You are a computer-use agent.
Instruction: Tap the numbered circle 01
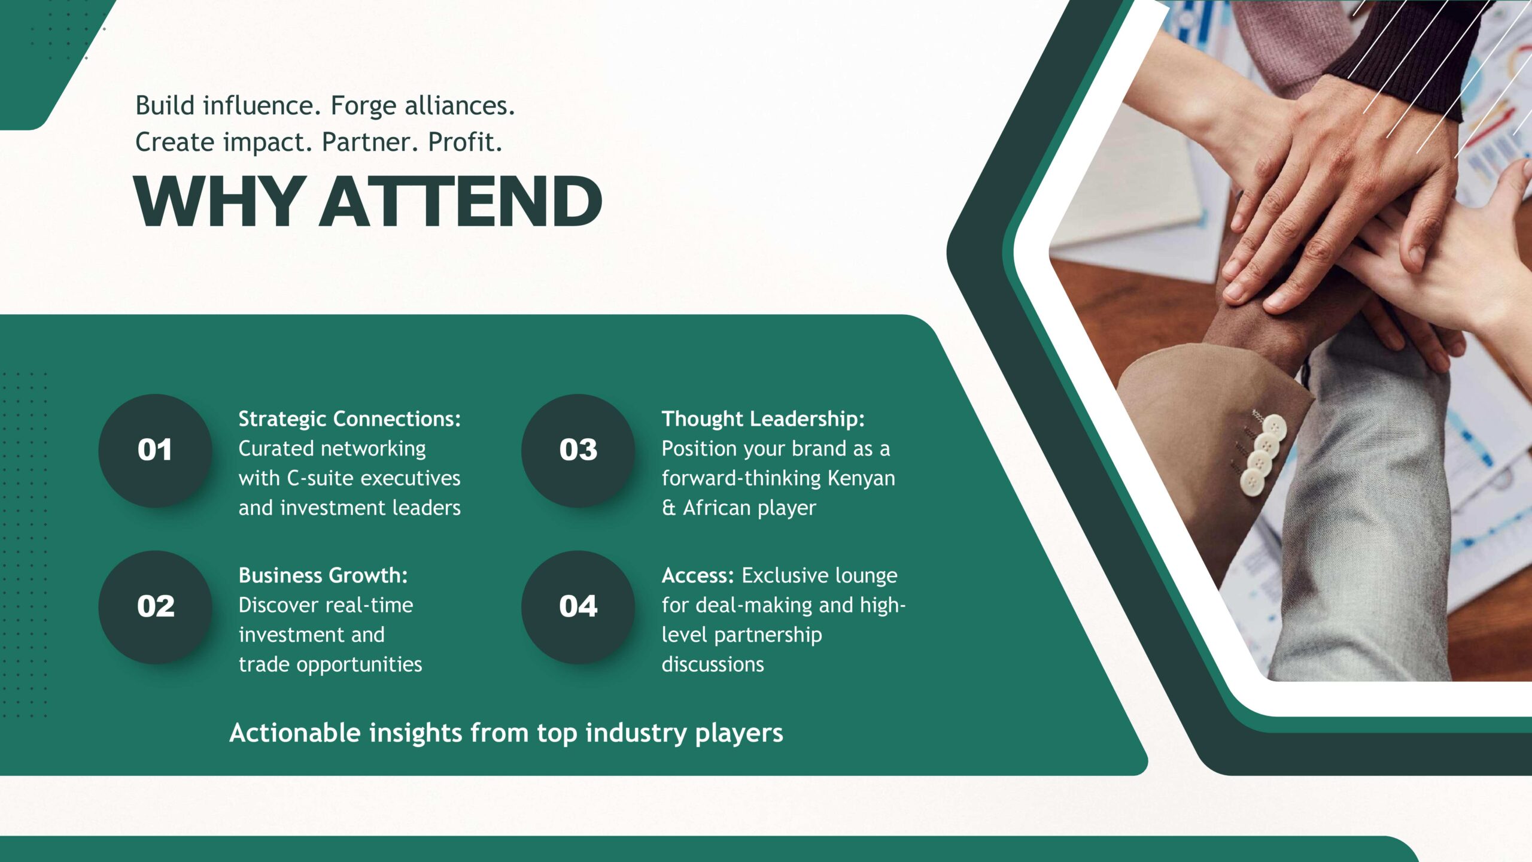click(x=155, y=450)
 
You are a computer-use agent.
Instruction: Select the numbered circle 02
click(x=155, y=607)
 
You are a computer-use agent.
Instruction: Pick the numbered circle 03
click(x=578, y=450)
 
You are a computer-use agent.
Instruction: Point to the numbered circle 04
click(x=578, y=607)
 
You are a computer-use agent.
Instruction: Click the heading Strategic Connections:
click(x=350, y=419)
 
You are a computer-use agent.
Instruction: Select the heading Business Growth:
click(x=323, y=575)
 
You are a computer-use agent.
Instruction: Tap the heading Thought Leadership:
click(x=763, y=419)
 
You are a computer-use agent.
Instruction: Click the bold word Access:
click(x=698, y=575)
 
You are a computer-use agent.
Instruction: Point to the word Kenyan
click(x=861, y=478)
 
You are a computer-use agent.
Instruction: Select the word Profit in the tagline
click(x=463, y=142)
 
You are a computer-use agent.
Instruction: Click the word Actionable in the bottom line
click(x=295, y=733)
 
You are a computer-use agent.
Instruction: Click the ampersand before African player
click(x=668, y=508)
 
